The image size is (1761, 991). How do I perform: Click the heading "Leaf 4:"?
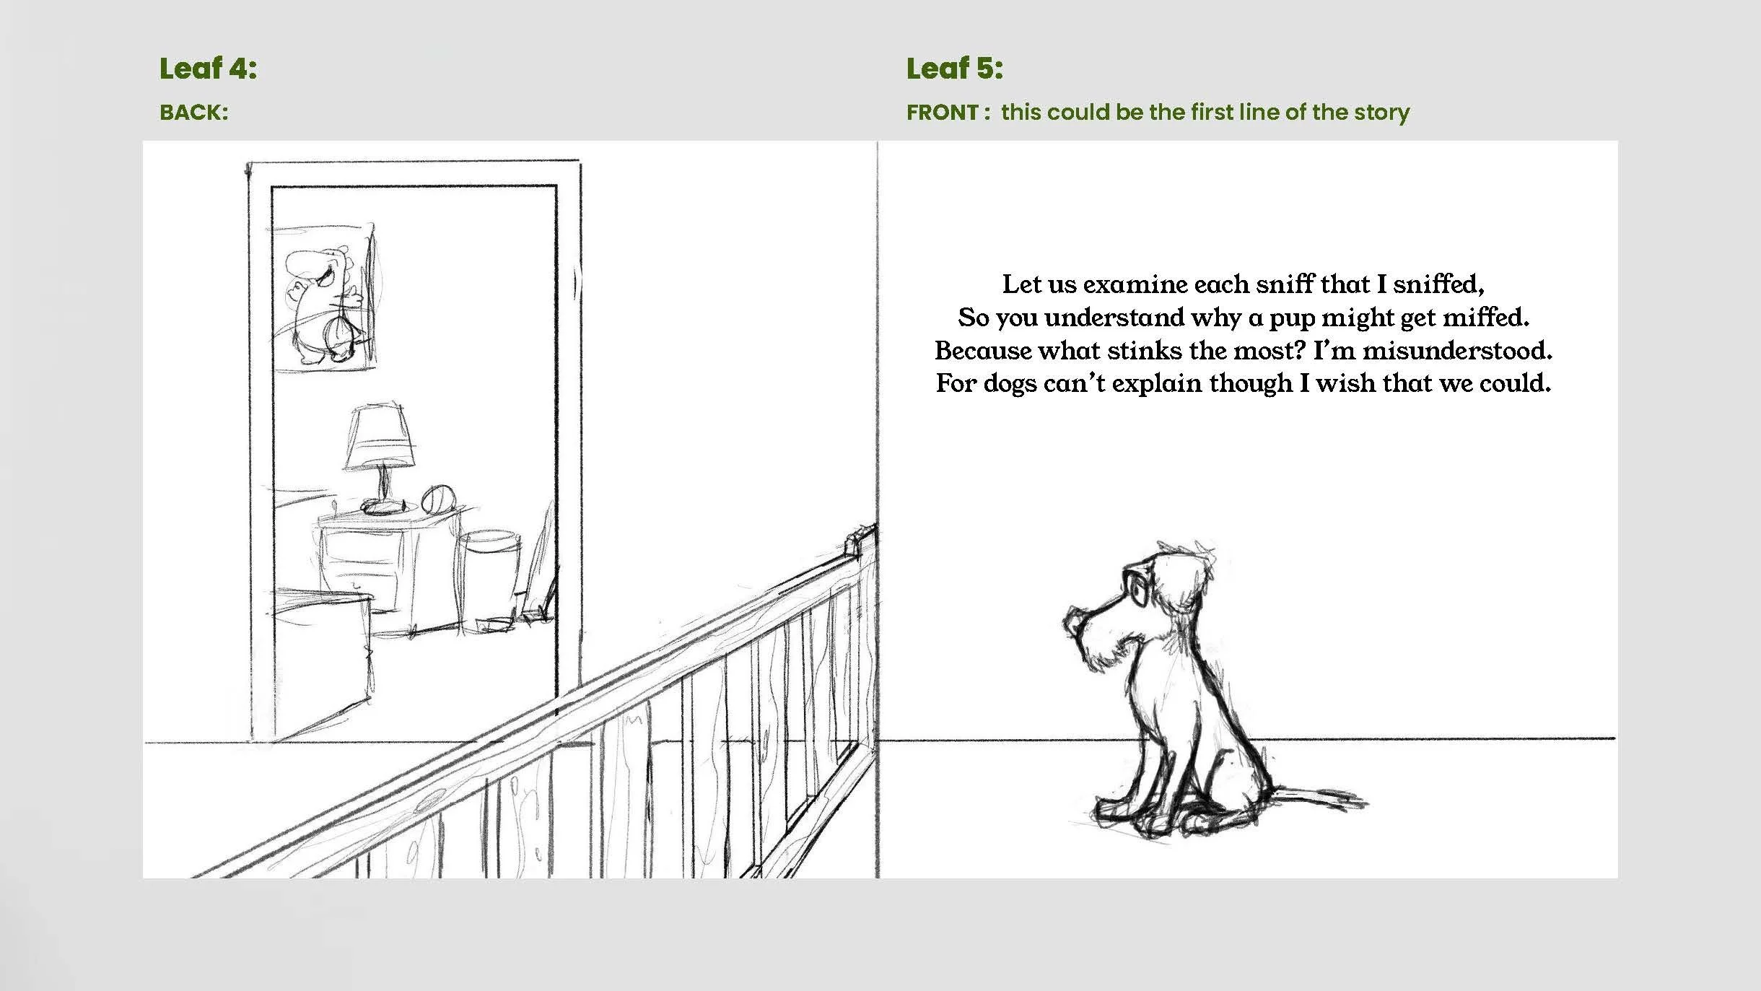[x=208, y=69]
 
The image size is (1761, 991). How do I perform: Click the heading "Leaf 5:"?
[x=954, y=69]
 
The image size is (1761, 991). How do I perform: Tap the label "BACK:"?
[x=193, y=113]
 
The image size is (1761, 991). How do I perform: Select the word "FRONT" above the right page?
[x=942, y=113]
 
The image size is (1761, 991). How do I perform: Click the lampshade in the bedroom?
[x=380, y=437]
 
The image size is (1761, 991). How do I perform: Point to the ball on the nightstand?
[x=436, y=499]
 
